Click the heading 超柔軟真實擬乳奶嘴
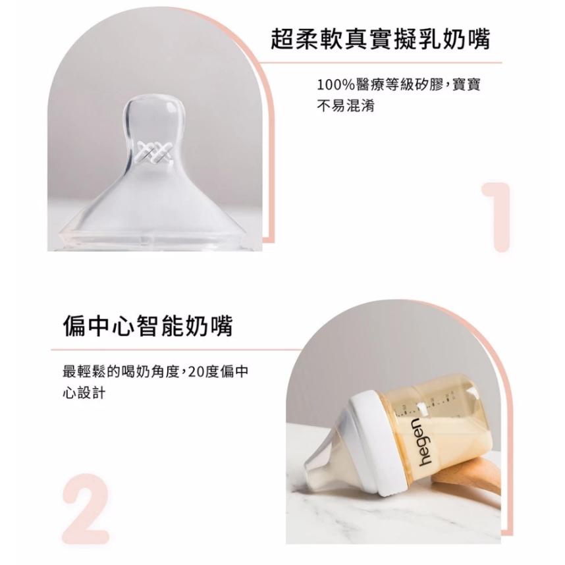tap(381, 40)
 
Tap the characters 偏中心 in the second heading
tap(106, 325)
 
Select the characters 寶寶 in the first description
tap(468, 86)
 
